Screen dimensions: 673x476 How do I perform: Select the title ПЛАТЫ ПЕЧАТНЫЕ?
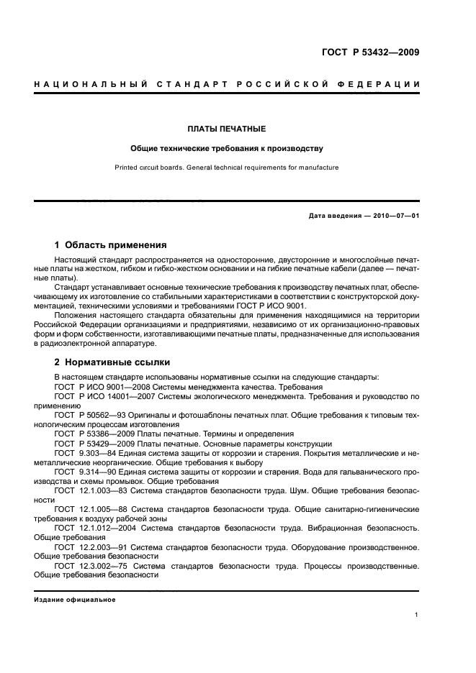(227, 129)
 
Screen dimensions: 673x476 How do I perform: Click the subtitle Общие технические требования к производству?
(227, 149)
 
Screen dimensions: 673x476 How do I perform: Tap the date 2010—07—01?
(395, 216)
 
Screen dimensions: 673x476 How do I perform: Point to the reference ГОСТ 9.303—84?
(86, 454)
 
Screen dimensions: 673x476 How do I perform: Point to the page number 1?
(417, 614)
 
